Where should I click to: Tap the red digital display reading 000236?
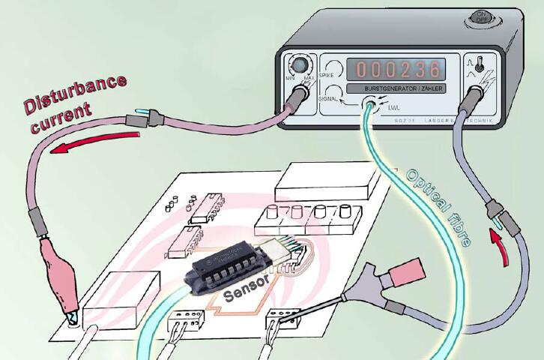[x=397, y=70]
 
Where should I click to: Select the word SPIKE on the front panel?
[x=327, y=76]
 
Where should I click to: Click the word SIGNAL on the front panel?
[x=327, y=97]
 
